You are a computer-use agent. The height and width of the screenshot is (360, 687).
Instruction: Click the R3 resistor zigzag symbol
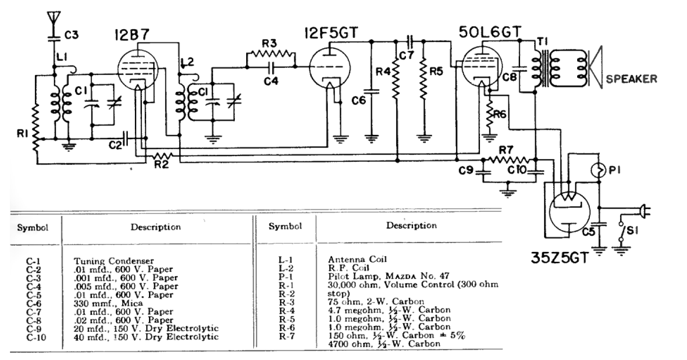[270, 55]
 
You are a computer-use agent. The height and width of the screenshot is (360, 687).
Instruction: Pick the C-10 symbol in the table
[36, 337]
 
